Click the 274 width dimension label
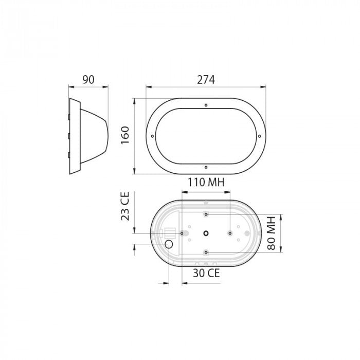(206, 79)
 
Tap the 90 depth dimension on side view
(89, 79)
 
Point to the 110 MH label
(205, 183)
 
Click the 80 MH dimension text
(273, 232)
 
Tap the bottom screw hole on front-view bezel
(206, 167)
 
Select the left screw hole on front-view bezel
(153, 136)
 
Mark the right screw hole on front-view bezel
(259, 136)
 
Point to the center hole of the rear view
(206, 233)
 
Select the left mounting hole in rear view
(183, 233)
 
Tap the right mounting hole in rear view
(229, 233)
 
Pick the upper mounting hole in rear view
(206, 213)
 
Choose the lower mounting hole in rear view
(206, 252)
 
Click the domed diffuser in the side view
(95, 135)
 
